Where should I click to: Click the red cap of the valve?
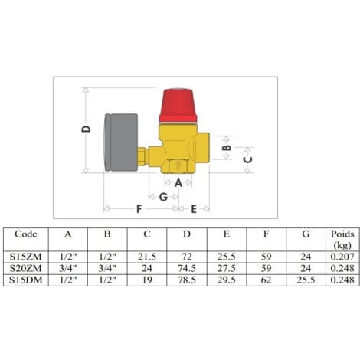178,105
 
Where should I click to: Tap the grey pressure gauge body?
121,142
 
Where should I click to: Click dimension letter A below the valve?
178,183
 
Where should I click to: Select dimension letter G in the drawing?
163,197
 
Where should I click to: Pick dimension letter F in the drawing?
139,209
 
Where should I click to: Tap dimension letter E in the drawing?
194,209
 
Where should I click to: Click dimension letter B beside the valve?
227,148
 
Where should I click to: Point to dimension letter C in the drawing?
247,159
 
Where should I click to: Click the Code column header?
26,234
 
